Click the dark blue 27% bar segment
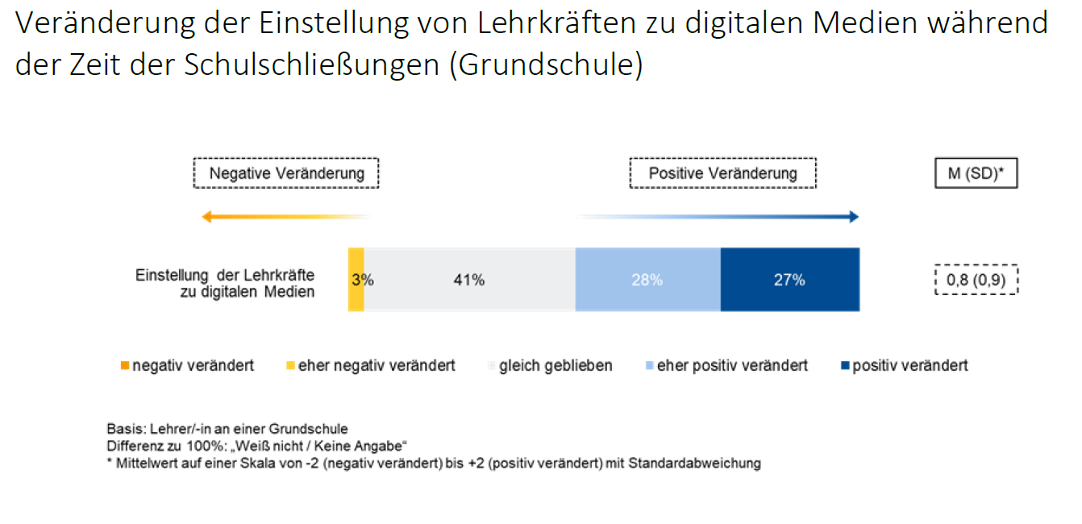tap(789, 280)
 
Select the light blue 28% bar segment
tap(647, 280)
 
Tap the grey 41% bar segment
tap(469, 280)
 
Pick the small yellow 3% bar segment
tap(356, 280)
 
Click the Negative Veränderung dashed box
tap(286, 173)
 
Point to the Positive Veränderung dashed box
tap(722, 173)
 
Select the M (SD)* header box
tap(976, 173)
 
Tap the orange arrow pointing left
tap(282, 217)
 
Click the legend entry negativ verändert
tap(187, 366)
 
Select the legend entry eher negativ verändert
tap(370, 366)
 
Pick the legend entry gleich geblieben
tap(550, 366)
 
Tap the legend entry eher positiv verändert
tap(726, 366)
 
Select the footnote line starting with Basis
tap(227, 429)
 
